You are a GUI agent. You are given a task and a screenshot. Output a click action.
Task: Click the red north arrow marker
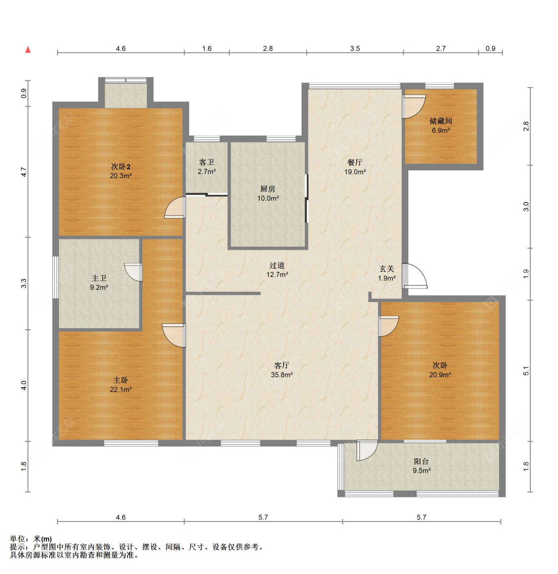(x=28, y=50)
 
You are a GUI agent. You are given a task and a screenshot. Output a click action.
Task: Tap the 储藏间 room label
(x=440, y=121)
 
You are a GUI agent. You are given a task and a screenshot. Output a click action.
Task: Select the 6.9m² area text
(x=440, y=130)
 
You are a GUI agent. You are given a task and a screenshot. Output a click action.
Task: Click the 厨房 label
(x=268, y=189)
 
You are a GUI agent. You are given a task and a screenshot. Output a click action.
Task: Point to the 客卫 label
(x=207, y=162)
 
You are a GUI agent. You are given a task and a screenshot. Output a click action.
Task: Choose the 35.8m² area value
(x=282, y=375)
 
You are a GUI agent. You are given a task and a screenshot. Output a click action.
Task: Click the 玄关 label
(x=386, y=269)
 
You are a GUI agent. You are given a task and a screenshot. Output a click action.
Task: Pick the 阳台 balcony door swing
(x=367, y=450)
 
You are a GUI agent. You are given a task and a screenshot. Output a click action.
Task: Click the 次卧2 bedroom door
(x=175, y=208)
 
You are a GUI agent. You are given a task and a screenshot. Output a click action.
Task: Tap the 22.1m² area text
(x=121, y=390)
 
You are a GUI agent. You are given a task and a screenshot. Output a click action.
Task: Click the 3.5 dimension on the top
(x=355, y=48)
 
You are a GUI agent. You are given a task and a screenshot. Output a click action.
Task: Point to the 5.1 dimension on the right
(x=526, y=371)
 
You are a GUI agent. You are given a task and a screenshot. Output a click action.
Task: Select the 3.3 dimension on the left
(x=24, y=284)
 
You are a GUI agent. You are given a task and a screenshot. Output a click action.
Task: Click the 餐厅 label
(x=355, y=162)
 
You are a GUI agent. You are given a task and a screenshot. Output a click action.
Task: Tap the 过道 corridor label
(x=277, y=266)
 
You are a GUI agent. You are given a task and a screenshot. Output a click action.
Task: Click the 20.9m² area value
(x=440, y=375)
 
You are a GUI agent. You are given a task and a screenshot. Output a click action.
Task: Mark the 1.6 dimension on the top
(x=207, y=48)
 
